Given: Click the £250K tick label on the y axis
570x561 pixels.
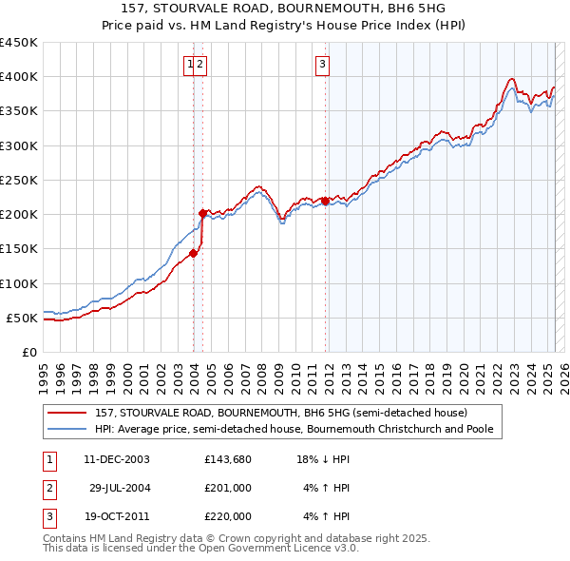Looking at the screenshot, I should (x=18, y=180).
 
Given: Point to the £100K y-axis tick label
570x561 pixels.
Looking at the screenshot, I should (x=18, y=283).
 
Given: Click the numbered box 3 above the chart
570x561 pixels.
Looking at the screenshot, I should (x=323, y=65).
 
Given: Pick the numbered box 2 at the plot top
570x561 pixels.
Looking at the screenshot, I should (x=201, y=65).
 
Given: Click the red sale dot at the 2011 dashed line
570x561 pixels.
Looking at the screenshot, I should (x=325, y=201).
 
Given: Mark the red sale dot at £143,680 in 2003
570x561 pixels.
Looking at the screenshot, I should (x=193, y=253).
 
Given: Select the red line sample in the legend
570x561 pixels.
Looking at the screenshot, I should (x=66, y=414).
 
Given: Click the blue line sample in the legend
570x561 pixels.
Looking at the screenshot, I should (x=66, y=429).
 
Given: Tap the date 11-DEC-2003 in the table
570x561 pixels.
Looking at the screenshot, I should (x=117, y=459).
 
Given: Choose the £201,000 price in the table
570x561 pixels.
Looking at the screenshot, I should (x=228, y=488).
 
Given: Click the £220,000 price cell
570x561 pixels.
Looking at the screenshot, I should (x=228, y=516).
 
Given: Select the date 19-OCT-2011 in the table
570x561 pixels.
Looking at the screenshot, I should (x=117, y=516).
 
